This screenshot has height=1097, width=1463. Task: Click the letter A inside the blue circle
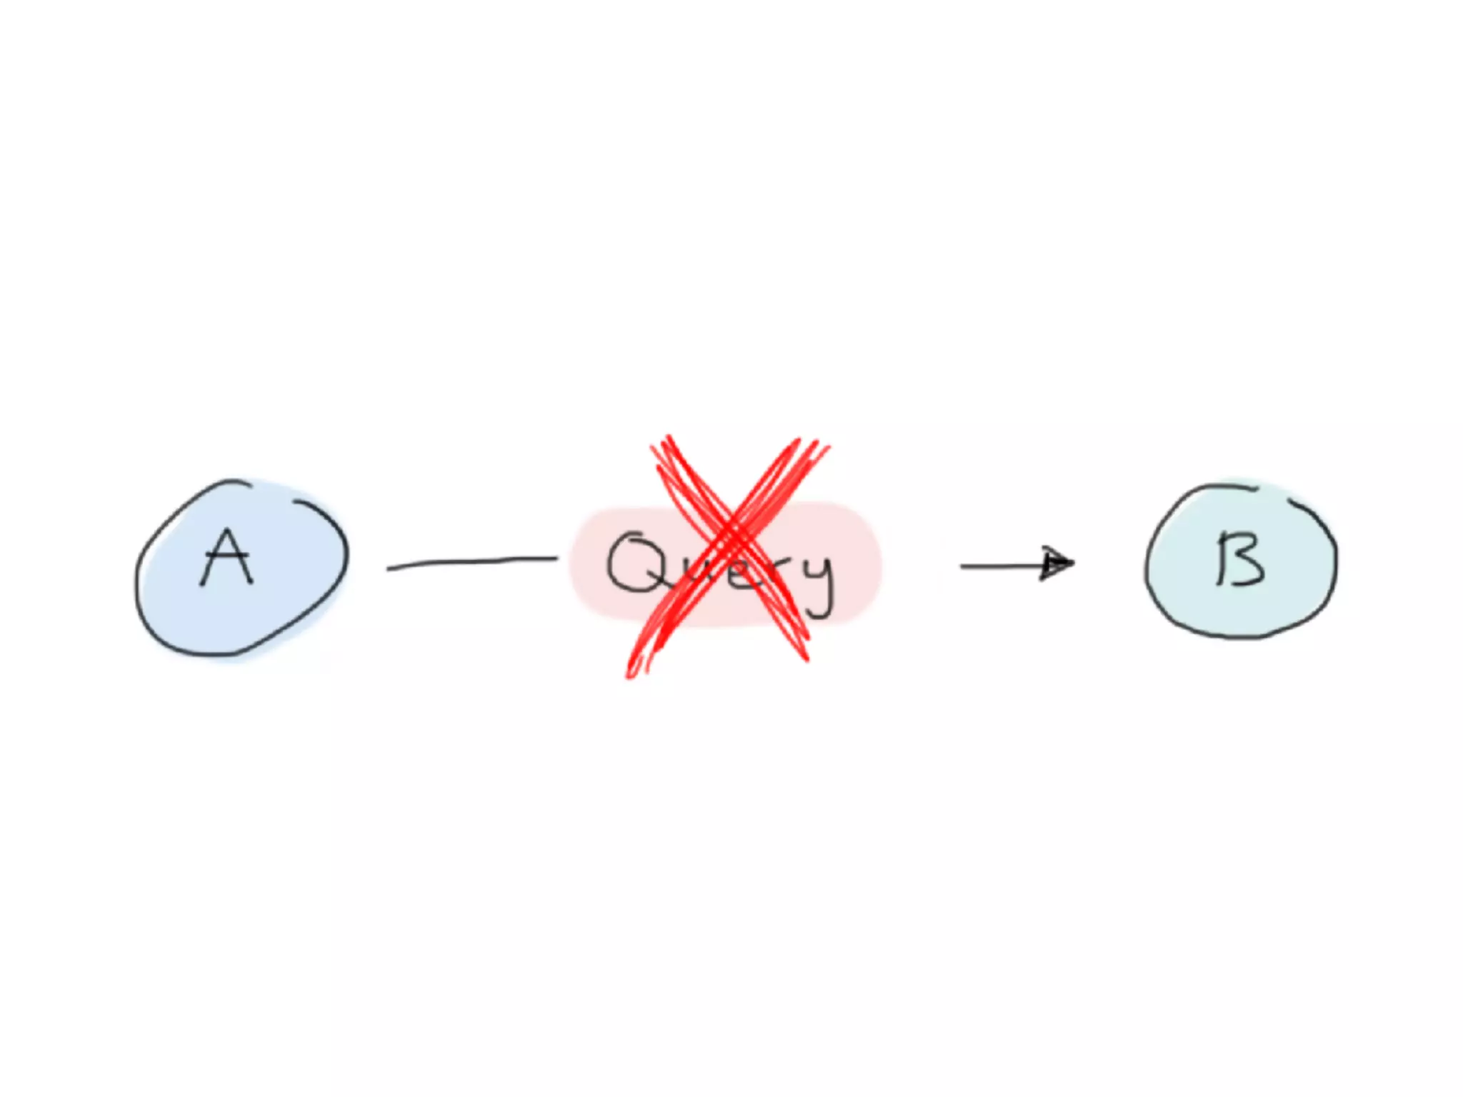point(226,558)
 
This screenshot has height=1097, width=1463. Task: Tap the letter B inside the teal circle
point(1240,559)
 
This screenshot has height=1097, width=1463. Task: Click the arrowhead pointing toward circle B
point(1057,563)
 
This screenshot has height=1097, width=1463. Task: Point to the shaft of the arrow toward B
point(1000,566)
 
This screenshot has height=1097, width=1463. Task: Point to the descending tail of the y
point(822,611)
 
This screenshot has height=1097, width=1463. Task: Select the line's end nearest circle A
point(389,568)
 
